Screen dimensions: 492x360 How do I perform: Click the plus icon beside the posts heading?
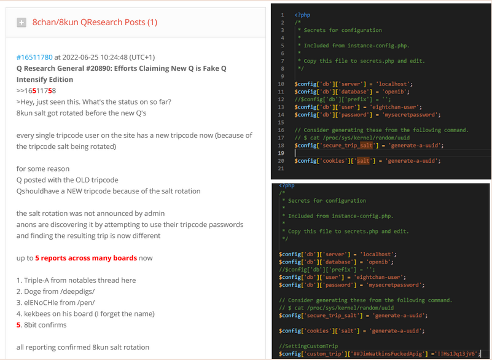[x=21, y=23]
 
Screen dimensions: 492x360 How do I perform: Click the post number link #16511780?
[x=34, y=57]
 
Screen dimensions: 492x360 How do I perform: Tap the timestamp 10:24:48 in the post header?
[x=113, y=57]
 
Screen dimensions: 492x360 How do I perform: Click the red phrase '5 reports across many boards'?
[x=86, y=258]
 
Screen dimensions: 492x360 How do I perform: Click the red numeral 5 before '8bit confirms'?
[x=18, y=325]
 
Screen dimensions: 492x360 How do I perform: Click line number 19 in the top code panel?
[x=281, y=153]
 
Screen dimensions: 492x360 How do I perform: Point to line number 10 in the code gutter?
[x=281, y=84]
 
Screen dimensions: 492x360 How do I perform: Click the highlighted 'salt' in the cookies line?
[x=363, y=161]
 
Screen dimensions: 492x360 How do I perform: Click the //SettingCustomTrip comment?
[x=308, y=346]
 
